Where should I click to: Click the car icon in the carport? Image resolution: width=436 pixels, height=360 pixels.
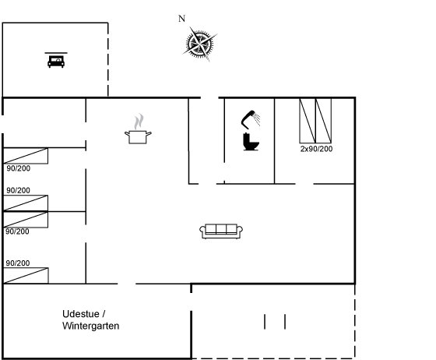coord(56,62)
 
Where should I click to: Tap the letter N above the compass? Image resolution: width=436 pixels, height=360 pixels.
coord(181,19)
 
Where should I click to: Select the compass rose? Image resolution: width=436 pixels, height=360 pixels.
coord(199,44)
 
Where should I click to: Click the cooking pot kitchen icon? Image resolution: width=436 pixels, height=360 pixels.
coord(138,137)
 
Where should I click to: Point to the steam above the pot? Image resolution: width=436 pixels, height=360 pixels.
coord(139,122)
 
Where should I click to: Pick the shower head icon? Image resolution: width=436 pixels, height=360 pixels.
coord(251,120)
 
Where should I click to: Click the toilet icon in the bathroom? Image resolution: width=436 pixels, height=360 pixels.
coord(251,142)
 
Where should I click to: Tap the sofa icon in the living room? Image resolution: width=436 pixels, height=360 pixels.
coord(221,231)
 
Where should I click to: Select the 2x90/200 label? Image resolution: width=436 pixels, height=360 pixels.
coord(316,149)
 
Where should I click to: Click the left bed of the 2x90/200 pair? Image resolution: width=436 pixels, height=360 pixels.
coord(308,121)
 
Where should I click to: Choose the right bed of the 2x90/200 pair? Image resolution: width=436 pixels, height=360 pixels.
coord(323,121)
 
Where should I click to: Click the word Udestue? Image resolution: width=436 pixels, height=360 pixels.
coord(81,314)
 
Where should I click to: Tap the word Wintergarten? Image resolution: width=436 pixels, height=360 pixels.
coord(91,326)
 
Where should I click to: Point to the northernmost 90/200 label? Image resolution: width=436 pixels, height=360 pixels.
coord(19,168)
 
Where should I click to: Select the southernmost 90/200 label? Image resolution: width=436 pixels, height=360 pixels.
coord(18,263)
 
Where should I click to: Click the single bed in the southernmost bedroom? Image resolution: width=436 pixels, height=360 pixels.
coord(26,276)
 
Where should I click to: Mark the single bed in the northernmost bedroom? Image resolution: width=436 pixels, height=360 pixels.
coord(26,156)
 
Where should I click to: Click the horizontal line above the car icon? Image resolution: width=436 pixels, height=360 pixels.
coord(56,52)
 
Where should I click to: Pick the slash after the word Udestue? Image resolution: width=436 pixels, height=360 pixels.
coord(104,314)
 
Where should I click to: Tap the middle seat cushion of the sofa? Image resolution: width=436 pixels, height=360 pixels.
coord(221,228)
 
